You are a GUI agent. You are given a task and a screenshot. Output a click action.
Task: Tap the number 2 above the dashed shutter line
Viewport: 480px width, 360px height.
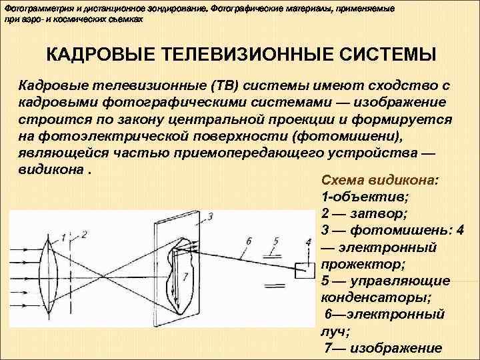[x=85, y=235]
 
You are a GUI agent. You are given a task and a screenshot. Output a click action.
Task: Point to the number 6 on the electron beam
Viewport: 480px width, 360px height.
[x=249, y=241]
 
